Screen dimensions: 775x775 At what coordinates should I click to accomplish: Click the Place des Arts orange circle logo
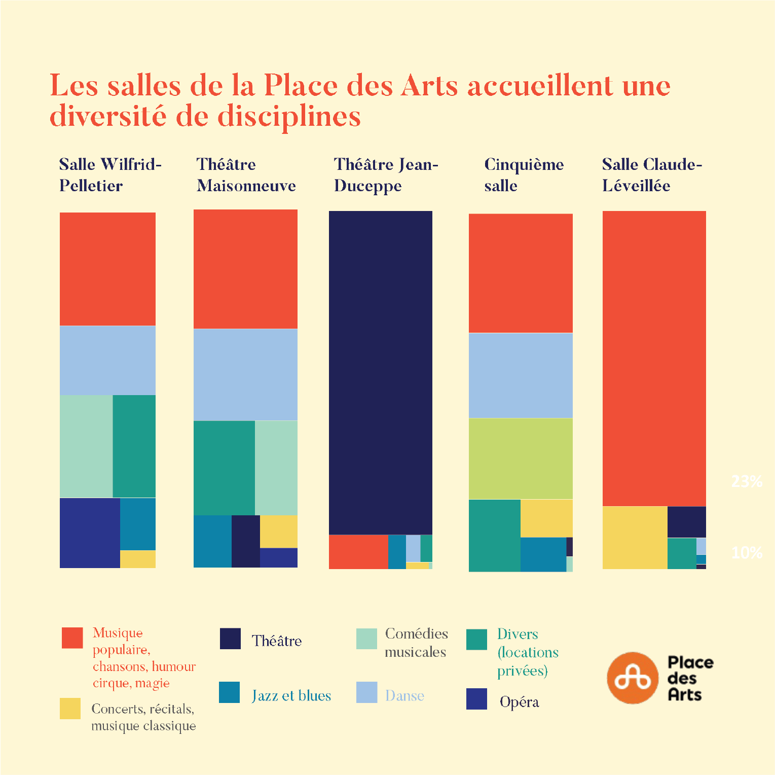(632, 678)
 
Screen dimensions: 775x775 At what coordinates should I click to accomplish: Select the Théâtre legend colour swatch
(230, 639)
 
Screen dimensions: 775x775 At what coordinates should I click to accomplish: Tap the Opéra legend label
(519, 702)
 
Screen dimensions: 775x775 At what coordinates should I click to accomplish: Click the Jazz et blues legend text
(291, 695)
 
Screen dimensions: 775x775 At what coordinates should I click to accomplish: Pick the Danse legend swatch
(366, 692)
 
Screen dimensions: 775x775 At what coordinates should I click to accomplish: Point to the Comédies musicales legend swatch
(366, 639)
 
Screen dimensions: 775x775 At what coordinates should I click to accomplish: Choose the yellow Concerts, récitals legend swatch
(70, 709)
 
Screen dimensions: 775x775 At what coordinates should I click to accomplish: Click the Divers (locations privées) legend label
(527, 652)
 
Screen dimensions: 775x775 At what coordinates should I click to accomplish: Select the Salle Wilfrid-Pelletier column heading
(110, 175)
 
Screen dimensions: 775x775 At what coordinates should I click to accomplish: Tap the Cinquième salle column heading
(524, 175)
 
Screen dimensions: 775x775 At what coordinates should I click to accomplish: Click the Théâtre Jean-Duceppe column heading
(386, 175)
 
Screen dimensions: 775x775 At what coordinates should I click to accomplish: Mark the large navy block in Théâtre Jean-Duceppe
(381, 373)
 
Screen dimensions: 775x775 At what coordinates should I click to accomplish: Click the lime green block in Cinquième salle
(521, 459)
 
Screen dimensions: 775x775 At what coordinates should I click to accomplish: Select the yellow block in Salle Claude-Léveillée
(635, 538)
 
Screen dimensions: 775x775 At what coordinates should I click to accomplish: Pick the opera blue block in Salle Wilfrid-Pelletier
(90, 533)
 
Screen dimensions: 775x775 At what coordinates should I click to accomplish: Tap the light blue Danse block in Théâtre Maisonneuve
(245, 374)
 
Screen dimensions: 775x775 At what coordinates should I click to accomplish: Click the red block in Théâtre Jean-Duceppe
(358, 552)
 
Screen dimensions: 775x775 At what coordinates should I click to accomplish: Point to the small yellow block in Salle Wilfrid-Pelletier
(138, 559)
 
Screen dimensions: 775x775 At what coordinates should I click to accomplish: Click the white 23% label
(747, 481)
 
